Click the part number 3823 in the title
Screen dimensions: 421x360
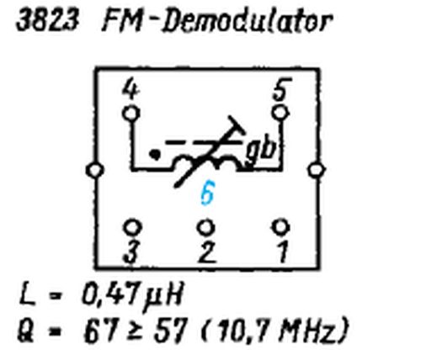[47, 21]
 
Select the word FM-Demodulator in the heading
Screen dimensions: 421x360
[217, 21]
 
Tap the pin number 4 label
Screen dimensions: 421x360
[131, 88]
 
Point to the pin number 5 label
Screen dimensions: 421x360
[282, 89]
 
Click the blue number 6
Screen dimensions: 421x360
[208, 193]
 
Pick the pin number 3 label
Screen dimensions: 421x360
[131, 252]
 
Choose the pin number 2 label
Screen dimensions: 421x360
[207, 252]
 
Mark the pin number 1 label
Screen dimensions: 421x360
[283, 252]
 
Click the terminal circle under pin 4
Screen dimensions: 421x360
[131, 114]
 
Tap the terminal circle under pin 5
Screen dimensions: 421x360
[281, 113]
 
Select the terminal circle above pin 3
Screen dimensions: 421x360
[132, 226]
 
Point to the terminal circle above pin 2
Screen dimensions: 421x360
[206, 227]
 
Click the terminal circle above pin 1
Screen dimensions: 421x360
[281, 226]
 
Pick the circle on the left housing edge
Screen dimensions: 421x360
[95, 170]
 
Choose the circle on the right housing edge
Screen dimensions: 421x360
[317, 170]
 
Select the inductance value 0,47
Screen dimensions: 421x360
[111, 295]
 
